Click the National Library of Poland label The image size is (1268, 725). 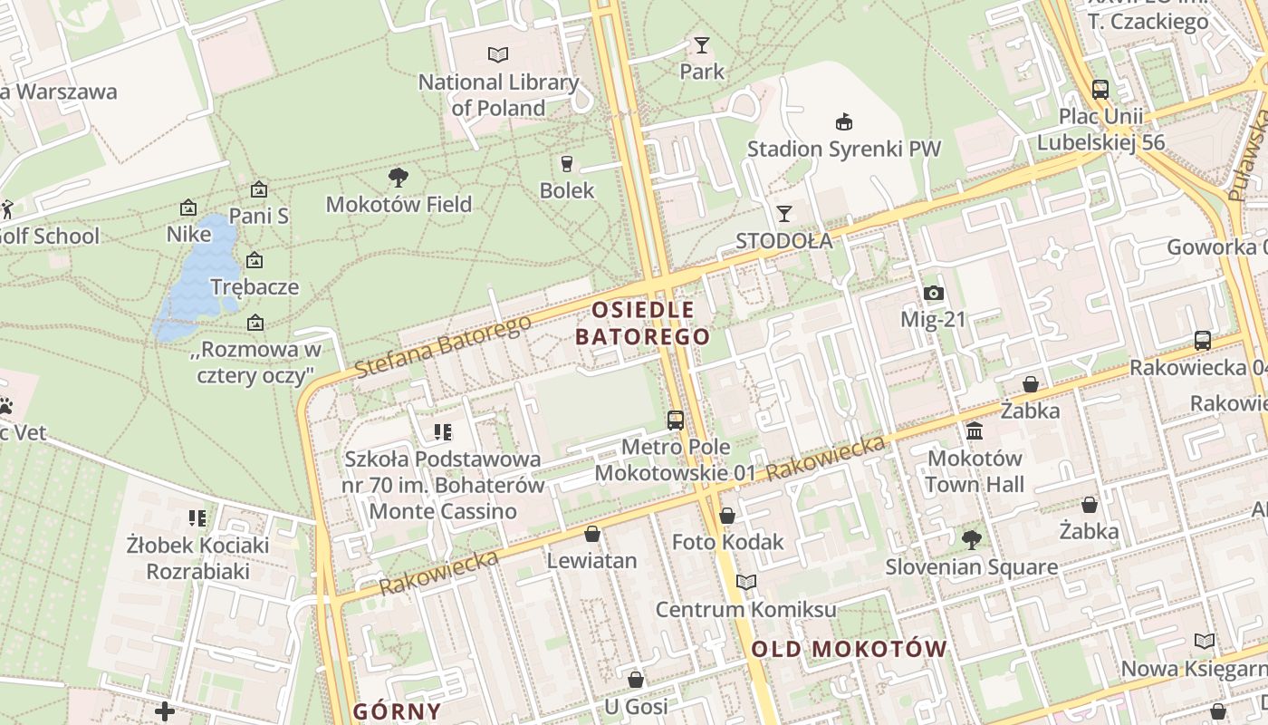[x=498, y=95]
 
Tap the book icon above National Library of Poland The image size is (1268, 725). [x=498, y=54]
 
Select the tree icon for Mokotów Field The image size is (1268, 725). [x=398, y=177]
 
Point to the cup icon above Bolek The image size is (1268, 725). [x=567, y=163]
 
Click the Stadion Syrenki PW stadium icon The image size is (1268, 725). [x=844, y=121]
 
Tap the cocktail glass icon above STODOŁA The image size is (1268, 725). [x=784, y=214]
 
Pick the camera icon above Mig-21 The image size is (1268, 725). [x=934, y=293]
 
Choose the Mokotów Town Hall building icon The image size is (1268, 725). [x=975, y=430]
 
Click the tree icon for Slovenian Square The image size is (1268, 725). [x=971, y=540]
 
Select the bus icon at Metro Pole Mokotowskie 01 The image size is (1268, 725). [x=676, y=420]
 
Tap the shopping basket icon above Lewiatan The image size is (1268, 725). [x=592, y=534]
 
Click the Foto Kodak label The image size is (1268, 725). [x=727, y=542]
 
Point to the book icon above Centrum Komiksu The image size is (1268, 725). [x=745, y=582]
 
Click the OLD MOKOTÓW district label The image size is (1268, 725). [x=849, y=649]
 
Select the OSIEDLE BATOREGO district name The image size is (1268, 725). [x=642, y=323]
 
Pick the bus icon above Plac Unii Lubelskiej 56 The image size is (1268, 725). [x=1100, y=89]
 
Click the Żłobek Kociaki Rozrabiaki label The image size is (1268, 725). [x=198, y=558]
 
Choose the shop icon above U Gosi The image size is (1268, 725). [x=636, y=680]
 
